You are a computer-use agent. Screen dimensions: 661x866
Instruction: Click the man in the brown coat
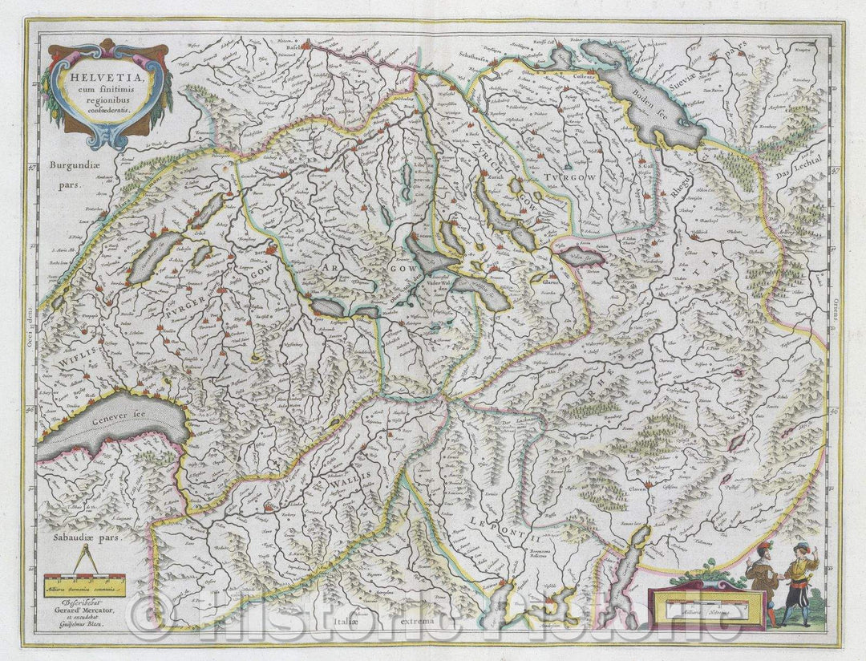pos(759,578)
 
